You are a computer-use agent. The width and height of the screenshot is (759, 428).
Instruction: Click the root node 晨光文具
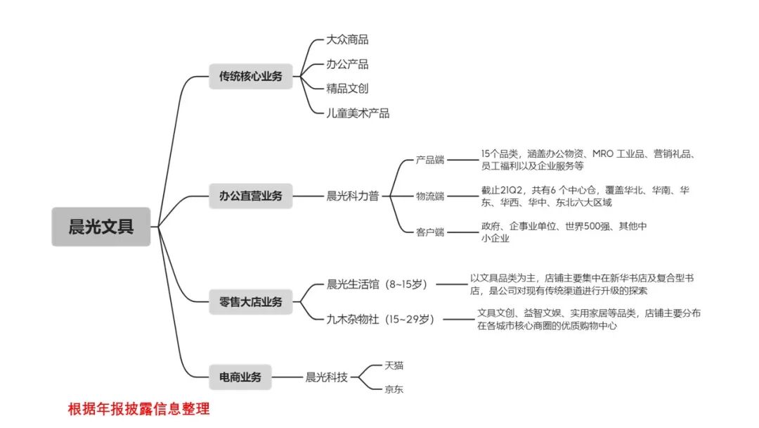(x=100, y=227)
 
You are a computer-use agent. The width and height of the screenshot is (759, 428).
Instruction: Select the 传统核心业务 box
(x=250, y=76)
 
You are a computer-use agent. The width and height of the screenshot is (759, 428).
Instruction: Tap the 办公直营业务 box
(x=250, y=196)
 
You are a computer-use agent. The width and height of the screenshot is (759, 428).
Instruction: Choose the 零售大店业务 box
(x=250, y=302)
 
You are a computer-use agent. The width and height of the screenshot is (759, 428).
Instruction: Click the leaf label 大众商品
(x=347, y=39)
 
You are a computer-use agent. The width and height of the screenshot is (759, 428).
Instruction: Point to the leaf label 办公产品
(x=347, y=64)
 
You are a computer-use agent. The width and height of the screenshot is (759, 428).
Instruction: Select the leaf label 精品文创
(x=347, y=89)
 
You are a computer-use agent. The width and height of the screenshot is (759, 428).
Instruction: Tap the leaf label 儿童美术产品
(x=358, y=113)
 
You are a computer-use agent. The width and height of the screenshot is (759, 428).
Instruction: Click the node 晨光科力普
(x=353, y=196)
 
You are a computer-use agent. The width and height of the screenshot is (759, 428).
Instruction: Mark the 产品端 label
(x=429, y=160)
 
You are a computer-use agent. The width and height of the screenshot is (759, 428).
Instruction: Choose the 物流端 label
(x=429, y=196)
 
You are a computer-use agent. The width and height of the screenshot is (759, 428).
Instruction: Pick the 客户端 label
(x=429, y=232)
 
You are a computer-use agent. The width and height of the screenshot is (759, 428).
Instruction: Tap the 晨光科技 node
(x=327, y=377)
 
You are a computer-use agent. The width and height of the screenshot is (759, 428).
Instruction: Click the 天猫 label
(x=394, y=365)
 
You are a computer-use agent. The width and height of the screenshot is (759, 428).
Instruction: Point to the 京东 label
(x=394, y=389)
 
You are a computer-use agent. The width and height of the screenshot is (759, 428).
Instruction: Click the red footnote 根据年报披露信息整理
(x=138, y=408)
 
